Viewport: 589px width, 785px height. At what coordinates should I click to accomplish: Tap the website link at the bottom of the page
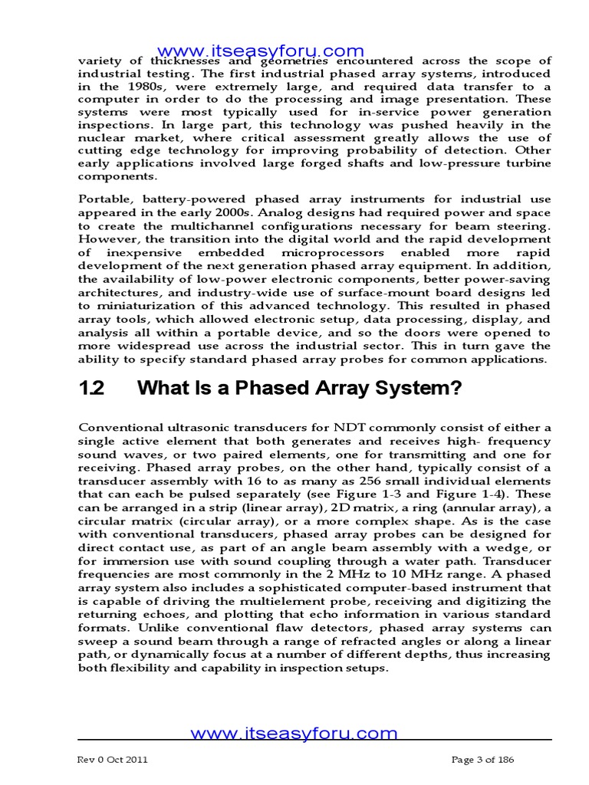coord(294,733)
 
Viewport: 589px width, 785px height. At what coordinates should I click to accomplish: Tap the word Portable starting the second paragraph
coord(104,199)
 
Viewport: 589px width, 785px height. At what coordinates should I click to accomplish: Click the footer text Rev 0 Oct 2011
coord(113,760)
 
